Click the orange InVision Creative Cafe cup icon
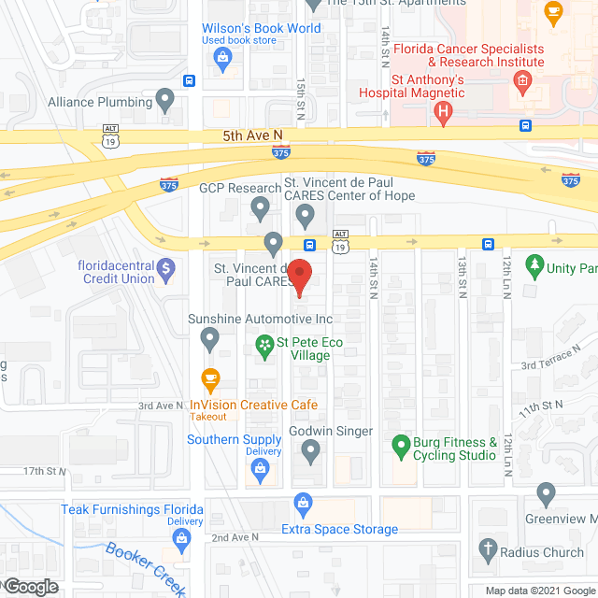coord(210,380)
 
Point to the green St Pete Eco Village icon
coord(265,346)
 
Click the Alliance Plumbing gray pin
coord(166,97)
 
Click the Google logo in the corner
coord(30,587)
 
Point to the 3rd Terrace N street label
coord(550,356)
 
